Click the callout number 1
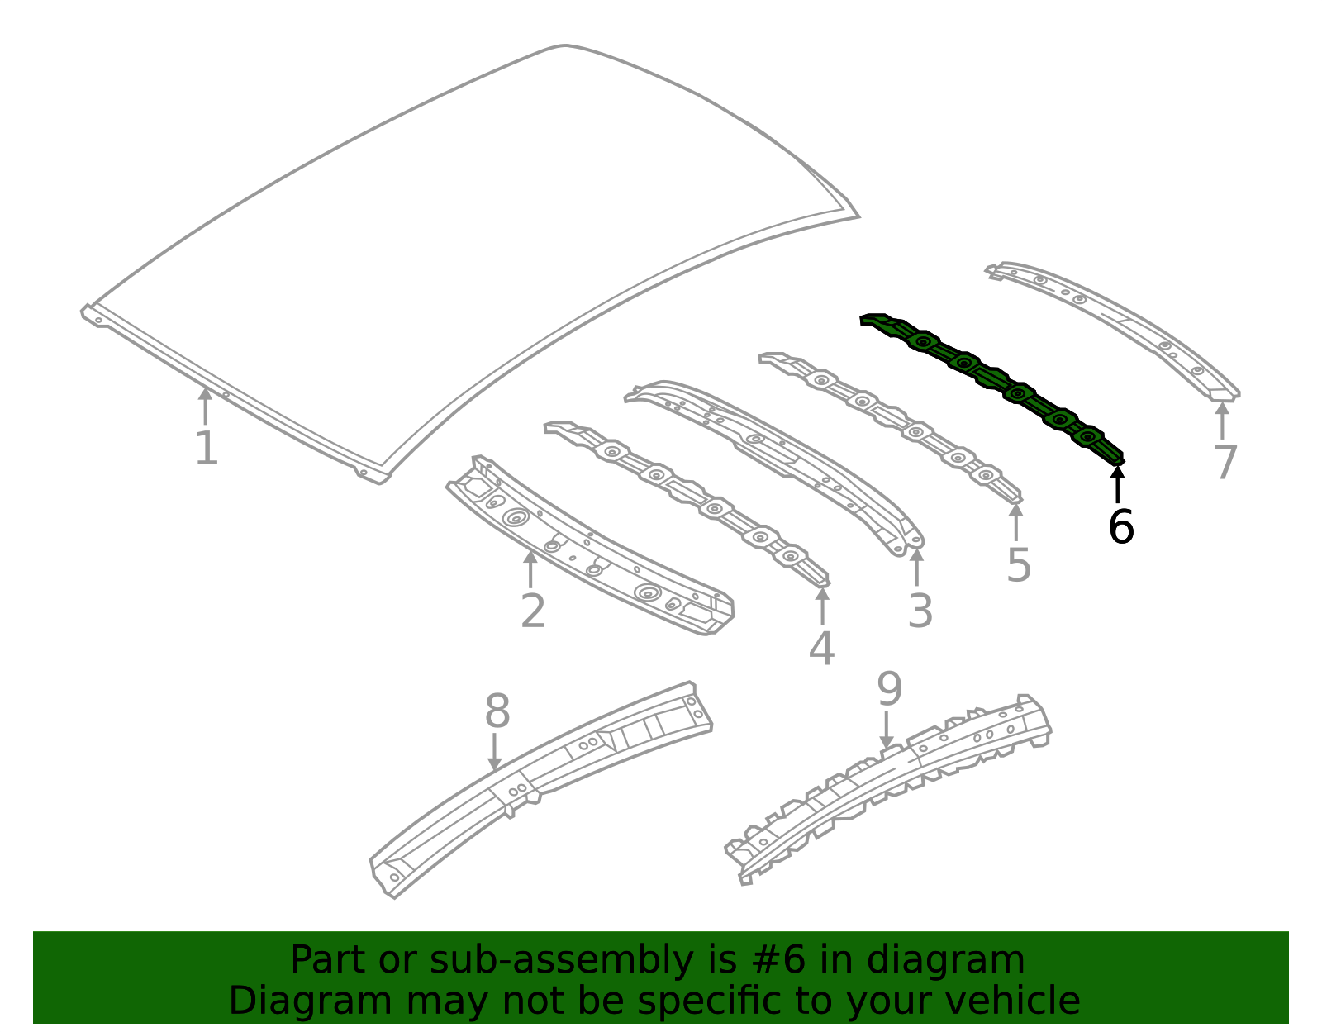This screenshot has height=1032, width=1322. (x=207, y=448)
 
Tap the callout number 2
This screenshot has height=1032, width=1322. (x=533, y=611)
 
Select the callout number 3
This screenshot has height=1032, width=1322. (x=920, y=611)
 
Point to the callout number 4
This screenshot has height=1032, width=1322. (x=821, y=649)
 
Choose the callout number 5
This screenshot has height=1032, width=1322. (x=1019, y=565)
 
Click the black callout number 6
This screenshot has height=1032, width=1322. (x=1120, y=526)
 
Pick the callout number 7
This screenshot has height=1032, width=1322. (x=1225, y=462)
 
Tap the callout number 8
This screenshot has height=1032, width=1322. (x=497, y=711)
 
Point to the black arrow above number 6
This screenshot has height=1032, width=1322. (x=1117, y=484)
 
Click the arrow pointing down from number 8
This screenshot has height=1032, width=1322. (x=495, y=752)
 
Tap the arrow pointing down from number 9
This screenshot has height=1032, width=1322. (x=887, y=730)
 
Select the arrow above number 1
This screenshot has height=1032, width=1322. (x=206, y=407)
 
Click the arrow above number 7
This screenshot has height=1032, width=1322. (x=1222, y=421)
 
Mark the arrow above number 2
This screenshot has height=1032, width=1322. (x=530, y=568)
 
